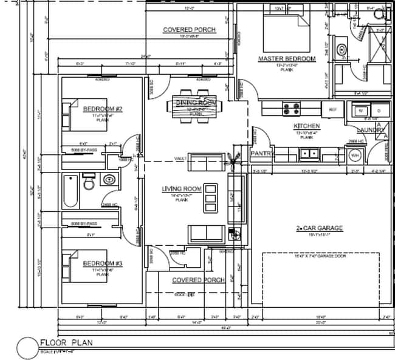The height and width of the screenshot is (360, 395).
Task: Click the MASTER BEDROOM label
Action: click(x=287, y=59)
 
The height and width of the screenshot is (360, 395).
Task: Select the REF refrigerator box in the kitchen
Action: click(x=332, y=109)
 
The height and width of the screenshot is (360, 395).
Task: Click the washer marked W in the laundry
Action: click(x=362, y=110)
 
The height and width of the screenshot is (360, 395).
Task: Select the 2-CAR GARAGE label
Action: click(x=320, y=228)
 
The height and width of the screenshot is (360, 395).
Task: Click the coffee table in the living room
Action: click(x=210, y=195)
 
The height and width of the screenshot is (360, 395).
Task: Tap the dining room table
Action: click(x=196, y=107)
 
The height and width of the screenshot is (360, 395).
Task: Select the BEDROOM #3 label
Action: click(x=103, y=263)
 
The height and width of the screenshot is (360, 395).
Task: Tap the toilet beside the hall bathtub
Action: click(x=88, y=182)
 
